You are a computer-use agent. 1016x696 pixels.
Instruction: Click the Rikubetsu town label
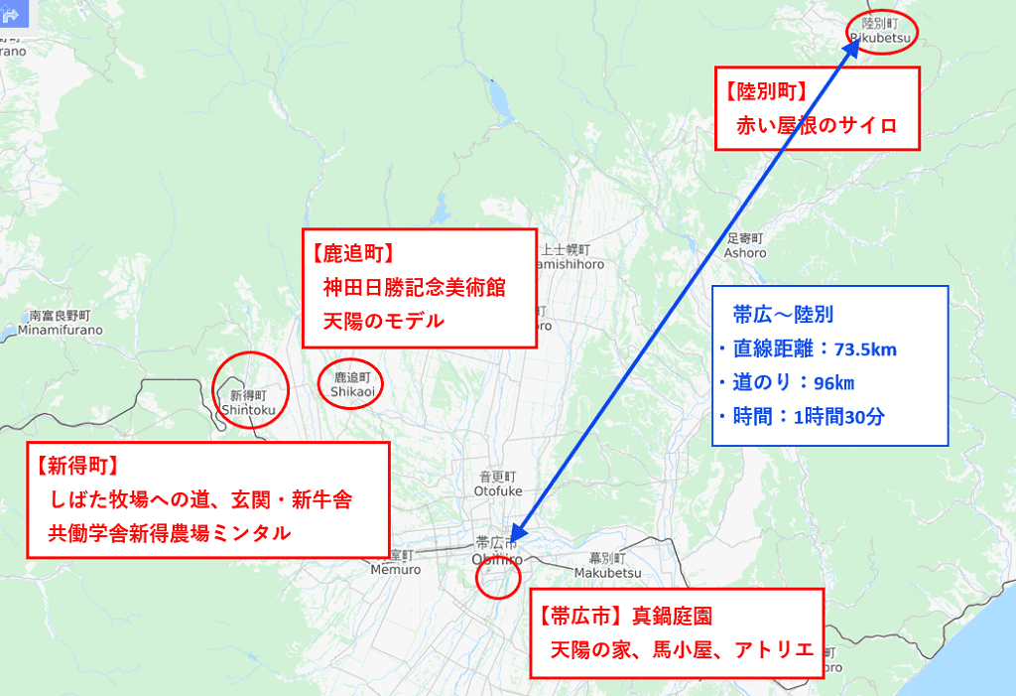pyautogui.click(x=880, y=30)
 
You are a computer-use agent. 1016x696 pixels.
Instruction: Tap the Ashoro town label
pyautogui.click(x=744, y=245)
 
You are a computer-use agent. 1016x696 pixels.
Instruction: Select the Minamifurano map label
pyautogui.click(x=60, y=323)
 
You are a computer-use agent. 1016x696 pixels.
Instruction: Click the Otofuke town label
pyautogui.click(x=497, y=484)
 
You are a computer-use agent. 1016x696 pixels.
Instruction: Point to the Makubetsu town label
pyautogui.click(x=602, y=564)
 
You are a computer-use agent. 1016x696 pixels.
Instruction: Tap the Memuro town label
pyautogui.click(x=396, y=562)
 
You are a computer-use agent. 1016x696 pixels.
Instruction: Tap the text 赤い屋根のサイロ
pyautogui.click(x=816, y=125)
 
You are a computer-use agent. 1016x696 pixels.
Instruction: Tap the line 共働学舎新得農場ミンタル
pyautogui.click(x=170, y=532)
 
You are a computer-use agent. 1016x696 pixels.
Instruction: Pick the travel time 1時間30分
pyautogui.click(x=839, y=417)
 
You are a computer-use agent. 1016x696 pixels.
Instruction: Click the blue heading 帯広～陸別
pyautogui.click(x=783, y=315)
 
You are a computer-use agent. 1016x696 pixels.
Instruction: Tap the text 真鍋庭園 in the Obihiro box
pyautogui.click(x=673, y=617)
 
